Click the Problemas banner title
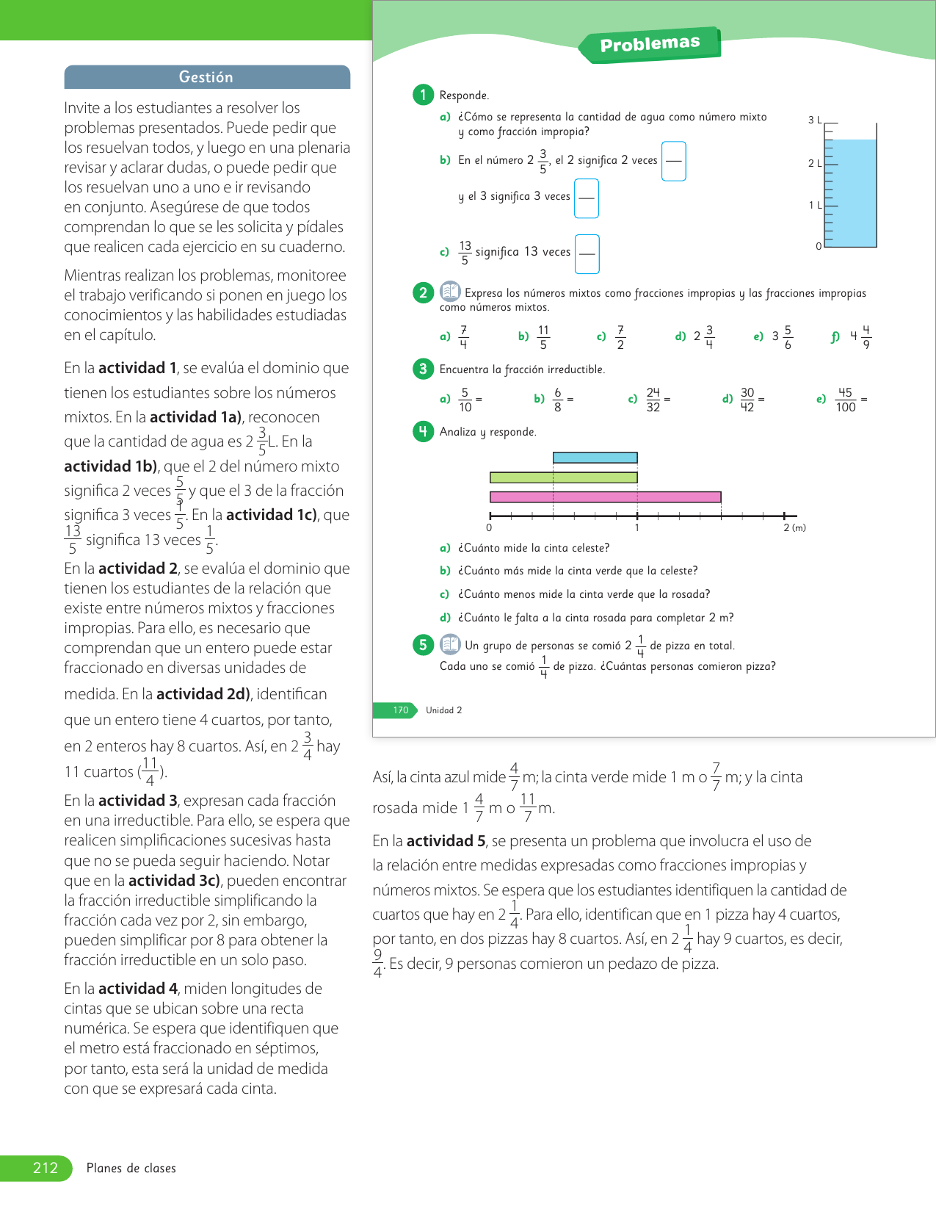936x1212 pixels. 650,44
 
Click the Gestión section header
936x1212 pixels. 206,77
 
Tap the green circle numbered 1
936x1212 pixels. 423,94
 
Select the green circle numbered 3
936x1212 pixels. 423,369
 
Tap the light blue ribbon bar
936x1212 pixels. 595,458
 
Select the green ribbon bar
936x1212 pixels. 563,477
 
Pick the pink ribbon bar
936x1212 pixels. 605,497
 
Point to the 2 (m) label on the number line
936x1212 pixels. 794,527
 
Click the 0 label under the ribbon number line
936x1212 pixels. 490,527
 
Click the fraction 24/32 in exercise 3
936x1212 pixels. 653,400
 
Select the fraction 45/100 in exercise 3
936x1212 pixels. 846,400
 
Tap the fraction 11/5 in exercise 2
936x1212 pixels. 543,337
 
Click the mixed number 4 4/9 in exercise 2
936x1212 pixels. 861,337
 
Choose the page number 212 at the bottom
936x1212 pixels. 46,1168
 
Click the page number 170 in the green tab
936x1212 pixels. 401,710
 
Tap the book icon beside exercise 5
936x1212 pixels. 450,645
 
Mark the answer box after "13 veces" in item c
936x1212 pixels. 587,253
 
